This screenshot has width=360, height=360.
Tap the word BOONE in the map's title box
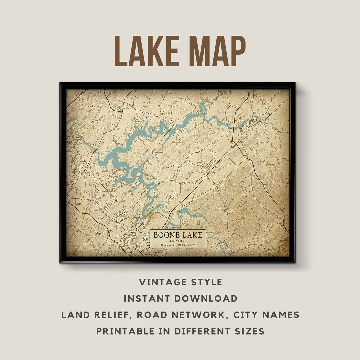[165, 235]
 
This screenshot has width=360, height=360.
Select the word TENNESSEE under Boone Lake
[177, 241]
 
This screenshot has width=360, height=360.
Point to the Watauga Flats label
[212, 232]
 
